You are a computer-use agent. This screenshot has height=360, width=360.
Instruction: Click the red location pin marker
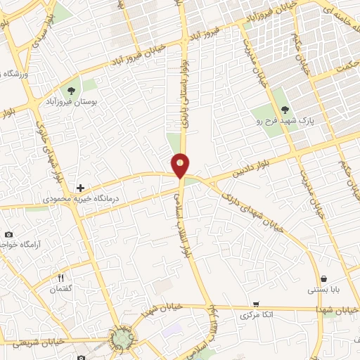181,165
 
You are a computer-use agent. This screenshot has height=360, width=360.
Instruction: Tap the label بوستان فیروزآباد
70,103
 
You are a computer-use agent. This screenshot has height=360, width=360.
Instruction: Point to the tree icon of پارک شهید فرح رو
285,109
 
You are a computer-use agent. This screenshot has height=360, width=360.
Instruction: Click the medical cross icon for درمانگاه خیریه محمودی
81,188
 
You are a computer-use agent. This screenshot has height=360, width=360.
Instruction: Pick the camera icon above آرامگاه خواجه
8,234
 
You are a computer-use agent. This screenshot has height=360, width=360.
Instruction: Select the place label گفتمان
61,288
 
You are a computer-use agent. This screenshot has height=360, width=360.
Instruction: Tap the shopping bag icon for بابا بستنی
323,278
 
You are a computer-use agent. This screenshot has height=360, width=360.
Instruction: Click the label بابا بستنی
323,290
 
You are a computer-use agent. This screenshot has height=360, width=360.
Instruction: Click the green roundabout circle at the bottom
123,339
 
